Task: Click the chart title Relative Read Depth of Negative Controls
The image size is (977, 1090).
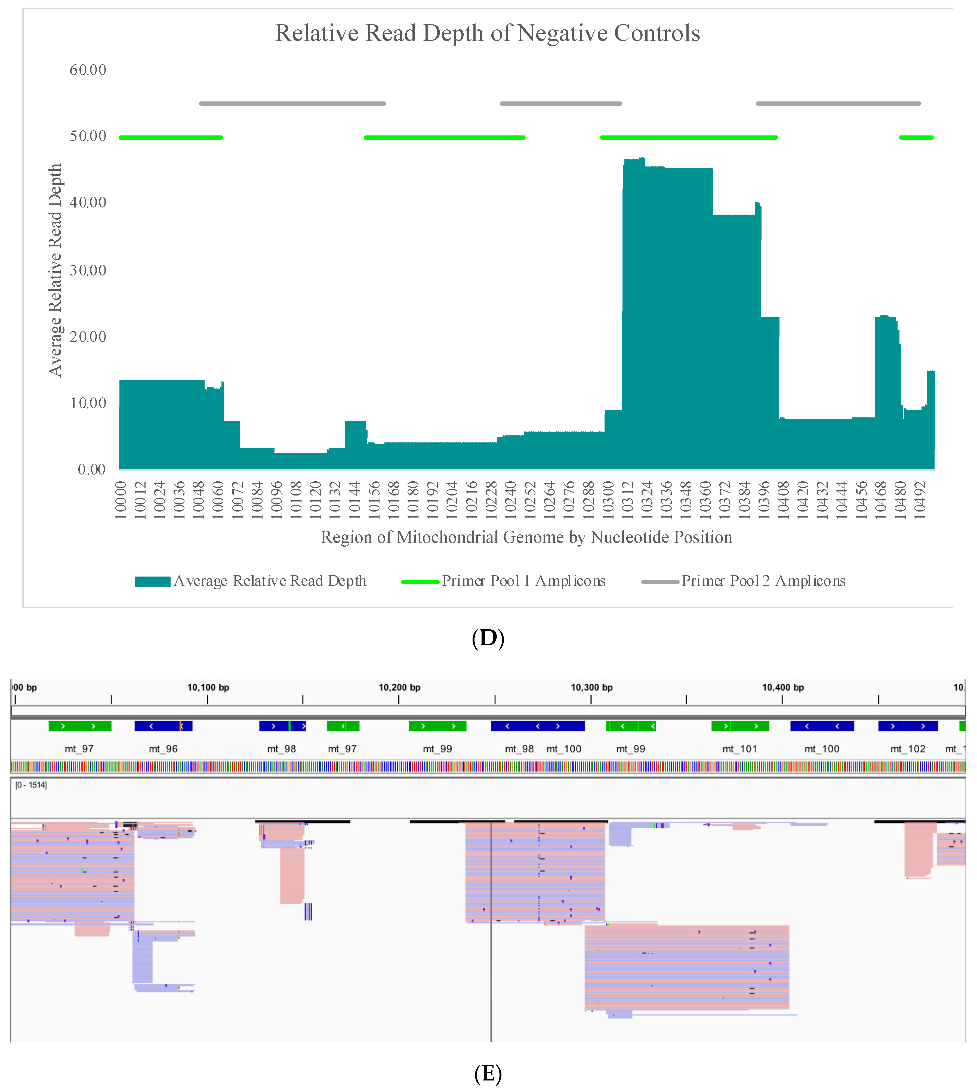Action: (488, 33)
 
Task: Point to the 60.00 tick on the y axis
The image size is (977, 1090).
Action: (88, 70)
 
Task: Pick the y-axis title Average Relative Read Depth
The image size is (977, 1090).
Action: (55, 270)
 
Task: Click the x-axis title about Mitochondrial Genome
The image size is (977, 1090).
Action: (526, 537)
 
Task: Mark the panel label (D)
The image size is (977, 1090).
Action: (488, 638)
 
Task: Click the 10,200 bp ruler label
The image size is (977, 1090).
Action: (399, 688)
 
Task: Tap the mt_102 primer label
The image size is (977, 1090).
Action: (908, 749)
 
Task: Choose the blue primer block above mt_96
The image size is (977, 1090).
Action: (163, 726)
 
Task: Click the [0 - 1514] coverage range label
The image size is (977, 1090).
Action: (31, 785)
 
